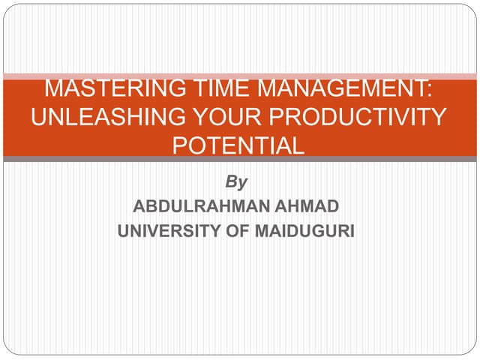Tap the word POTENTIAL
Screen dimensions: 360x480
pos(238,144)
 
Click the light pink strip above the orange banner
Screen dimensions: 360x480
pos(240,76)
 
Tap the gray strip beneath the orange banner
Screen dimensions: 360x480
pos(240,159)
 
